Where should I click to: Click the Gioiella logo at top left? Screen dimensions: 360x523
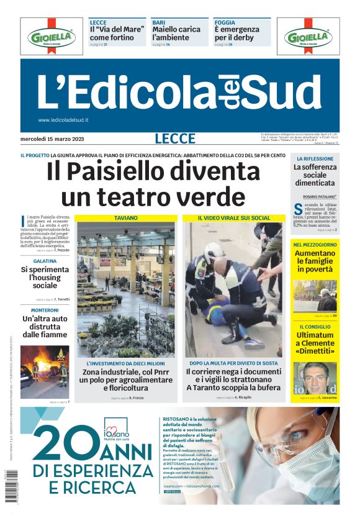point(51,37)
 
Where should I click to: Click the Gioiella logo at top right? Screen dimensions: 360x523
point(308,37)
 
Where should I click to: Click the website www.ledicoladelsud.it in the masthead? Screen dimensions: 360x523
point(63,121)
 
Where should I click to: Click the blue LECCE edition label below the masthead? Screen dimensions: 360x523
point(175,139)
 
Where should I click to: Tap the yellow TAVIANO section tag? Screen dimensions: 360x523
point(126,218)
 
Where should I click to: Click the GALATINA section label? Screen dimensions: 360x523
point(45,261)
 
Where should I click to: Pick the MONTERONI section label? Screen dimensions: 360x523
point(45,309)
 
